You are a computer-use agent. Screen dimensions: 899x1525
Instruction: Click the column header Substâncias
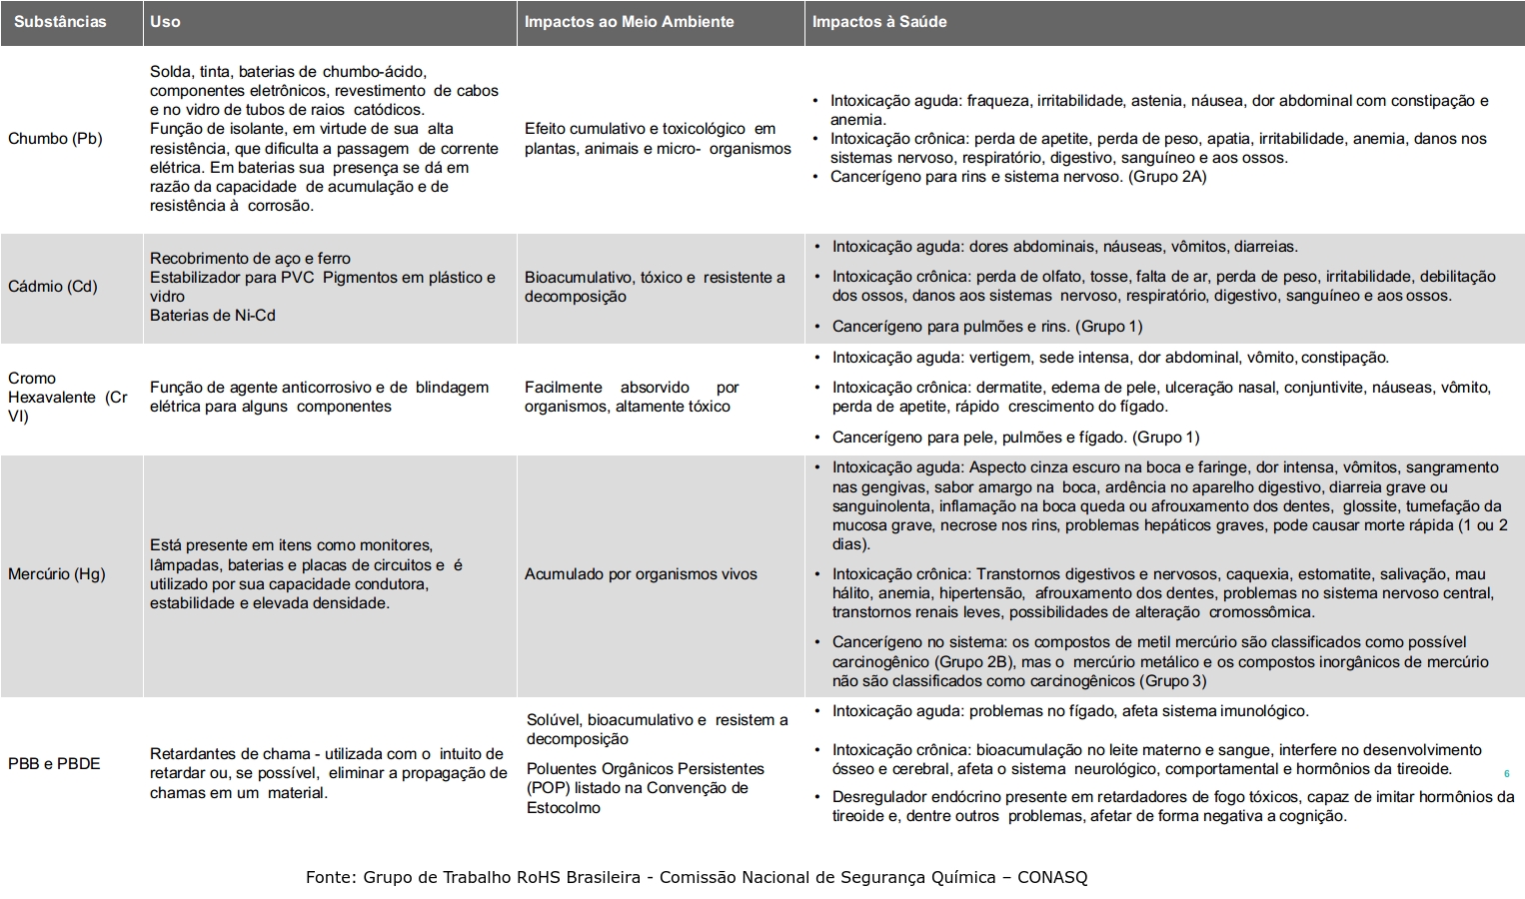point(60,22)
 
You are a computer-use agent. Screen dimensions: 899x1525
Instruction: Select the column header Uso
point(165,22)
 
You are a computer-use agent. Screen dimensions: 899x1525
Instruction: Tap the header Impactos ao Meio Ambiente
point(629,22)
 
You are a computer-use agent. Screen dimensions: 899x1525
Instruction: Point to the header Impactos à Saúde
point(878,22)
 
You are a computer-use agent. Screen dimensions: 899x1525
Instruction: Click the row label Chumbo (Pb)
point(55,139)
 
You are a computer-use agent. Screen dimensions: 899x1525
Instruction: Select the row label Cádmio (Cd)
point(53,287)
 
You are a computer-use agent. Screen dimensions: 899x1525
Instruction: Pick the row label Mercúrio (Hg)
point(56,574)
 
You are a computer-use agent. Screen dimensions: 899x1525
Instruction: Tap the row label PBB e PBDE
point(54,764)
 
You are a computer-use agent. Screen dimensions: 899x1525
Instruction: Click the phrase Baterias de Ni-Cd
point(213,316)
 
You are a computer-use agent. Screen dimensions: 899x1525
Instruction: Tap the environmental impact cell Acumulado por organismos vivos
point(641,574)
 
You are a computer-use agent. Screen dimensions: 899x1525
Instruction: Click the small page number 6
point(1507,774)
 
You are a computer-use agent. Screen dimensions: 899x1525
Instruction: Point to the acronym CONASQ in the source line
point(1052,878)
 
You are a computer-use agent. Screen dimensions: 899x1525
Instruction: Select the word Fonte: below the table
point(330,878)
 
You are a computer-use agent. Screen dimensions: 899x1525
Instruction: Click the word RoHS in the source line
point(539,878)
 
